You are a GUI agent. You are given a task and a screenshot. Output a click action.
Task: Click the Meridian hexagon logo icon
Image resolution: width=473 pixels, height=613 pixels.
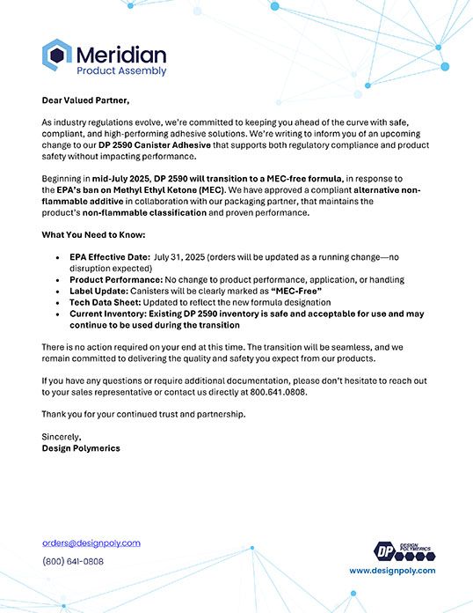pyautogui.click(x=57, y=55)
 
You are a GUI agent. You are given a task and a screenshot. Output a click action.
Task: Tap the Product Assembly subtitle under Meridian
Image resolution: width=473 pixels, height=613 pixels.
pyautogui.click(x=121, y=70)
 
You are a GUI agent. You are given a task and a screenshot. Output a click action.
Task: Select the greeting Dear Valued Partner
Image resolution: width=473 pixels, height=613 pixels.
pyautogui.click(x=85, y=100)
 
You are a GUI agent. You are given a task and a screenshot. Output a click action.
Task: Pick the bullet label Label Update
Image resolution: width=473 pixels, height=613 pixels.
pyautogui.click(x=97, y=291)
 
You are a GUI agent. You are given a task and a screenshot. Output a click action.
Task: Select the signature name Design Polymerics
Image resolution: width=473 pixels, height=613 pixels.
pyautogui.click(x=82, y=447)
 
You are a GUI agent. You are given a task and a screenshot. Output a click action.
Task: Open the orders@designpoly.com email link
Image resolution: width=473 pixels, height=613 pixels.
pyautogui.click(x=91, y=543)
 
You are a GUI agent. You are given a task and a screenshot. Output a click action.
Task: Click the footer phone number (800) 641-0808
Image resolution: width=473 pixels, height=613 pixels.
pyautogui.click(x=73, y=561)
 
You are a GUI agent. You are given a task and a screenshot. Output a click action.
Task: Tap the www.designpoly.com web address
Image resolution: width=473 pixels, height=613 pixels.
pyautogui.click(x=391, y=571)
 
